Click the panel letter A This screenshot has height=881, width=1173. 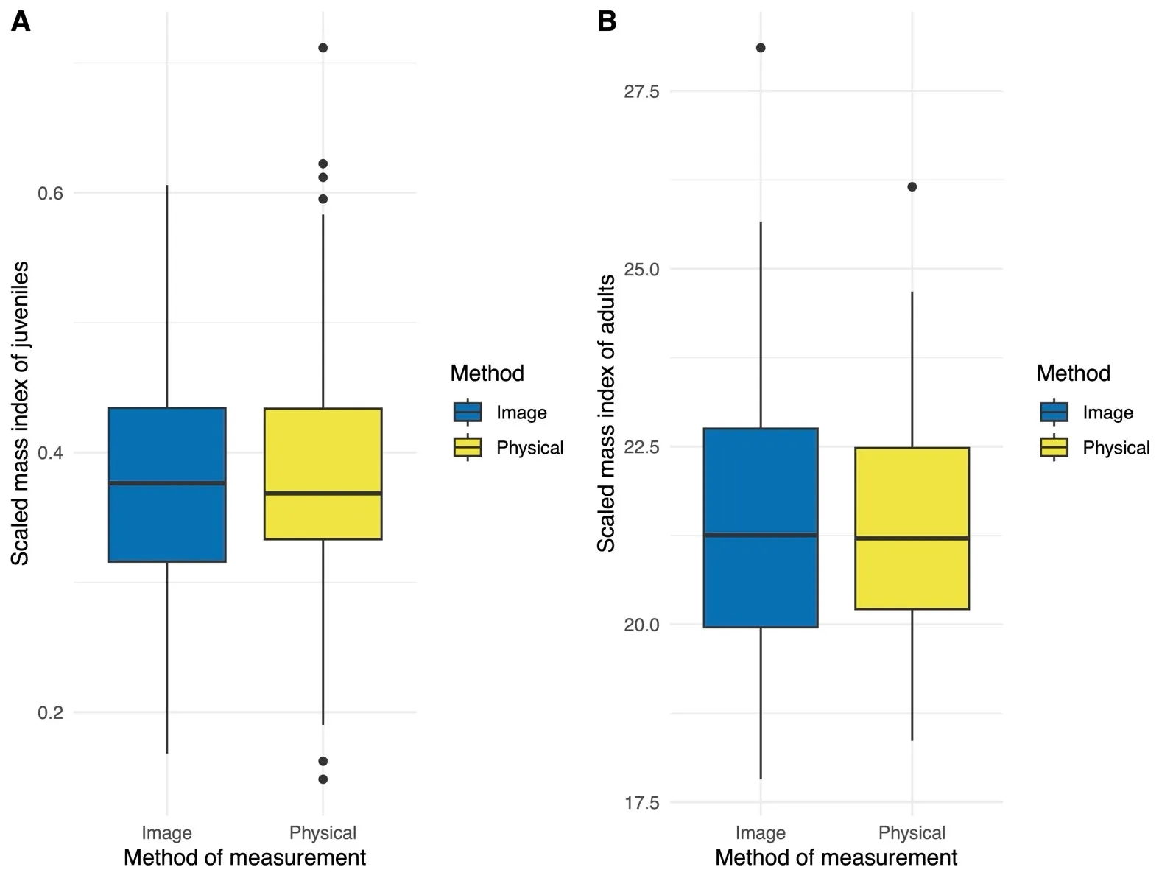pos(21,22)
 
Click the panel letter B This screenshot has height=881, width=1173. pos(607,22)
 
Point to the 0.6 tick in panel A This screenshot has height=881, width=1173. pos(50,193)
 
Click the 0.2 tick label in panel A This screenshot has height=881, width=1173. pos(50,712)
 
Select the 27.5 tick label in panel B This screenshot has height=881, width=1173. pos(641,91)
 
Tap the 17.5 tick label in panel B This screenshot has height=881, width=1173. pos(641,802)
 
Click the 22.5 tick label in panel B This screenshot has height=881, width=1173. pos(641,447)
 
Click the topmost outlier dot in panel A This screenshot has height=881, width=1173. pos(323,48)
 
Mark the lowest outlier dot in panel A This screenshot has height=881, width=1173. pos(323,779)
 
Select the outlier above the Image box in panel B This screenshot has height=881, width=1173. pos(761,48)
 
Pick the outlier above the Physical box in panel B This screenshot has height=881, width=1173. pos(912,187)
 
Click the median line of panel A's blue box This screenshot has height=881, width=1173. pos(167,483)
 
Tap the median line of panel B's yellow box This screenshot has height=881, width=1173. pos(912,538)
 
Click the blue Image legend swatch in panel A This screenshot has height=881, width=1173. pos(468,412)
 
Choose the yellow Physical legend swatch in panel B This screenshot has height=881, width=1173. pos(1054,447)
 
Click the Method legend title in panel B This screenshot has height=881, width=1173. pos(1073,373)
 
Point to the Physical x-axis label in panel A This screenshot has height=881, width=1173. pos(323,832)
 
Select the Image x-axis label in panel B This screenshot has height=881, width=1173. pos(761,832)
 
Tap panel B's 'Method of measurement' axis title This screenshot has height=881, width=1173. pos(836,857)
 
